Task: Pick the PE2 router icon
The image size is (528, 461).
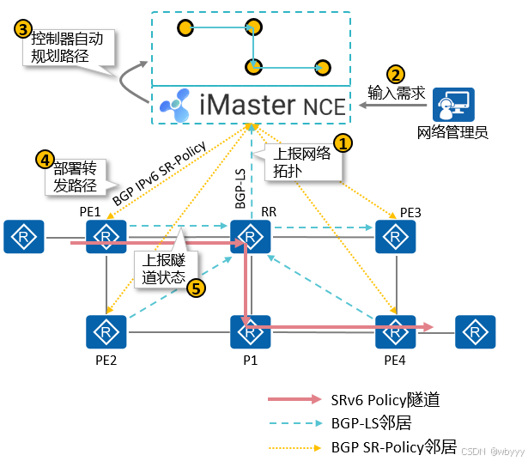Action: [x=106, y=331]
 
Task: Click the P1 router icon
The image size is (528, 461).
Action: [x=251, y=331]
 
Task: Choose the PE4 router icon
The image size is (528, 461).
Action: [x=396, y=331]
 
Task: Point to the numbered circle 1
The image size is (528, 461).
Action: [x=343, y=143]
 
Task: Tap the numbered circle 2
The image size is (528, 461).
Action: [x=396, y=75]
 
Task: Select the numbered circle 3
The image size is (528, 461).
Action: [x=23, y=27]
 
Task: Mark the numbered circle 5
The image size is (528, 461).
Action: [x=197, y=288]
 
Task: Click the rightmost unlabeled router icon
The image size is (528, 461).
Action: [x=476, y=331]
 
